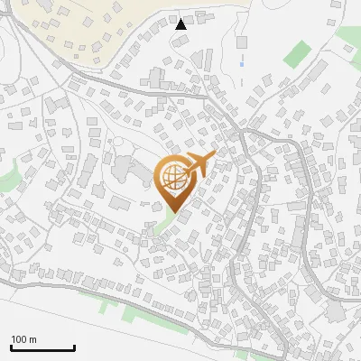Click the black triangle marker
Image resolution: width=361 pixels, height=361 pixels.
(180, 24)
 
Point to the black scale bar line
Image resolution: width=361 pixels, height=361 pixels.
(42, 347)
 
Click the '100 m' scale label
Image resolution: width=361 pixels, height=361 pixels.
(23, 339)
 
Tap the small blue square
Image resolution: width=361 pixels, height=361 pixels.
(242, 64)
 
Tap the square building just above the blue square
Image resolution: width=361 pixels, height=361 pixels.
(241, 42)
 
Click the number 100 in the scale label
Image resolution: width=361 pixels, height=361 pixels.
(19, 339)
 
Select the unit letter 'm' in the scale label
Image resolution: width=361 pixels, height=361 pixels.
(32, 339)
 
